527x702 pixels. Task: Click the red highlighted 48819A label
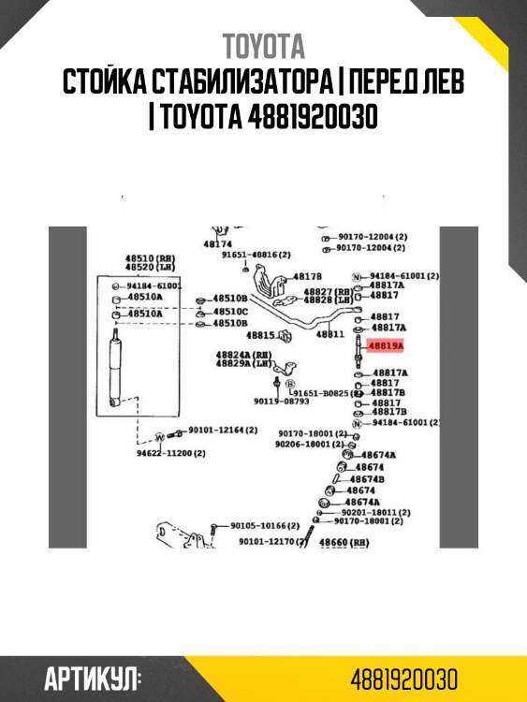[386, 346]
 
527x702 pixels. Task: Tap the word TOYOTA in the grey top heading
[263, 46]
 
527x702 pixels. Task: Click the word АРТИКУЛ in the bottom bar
[93, 679]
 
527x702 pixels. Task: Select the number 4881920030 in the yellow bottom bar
[404, 679]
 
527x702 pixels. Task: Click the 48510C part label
[230, 311]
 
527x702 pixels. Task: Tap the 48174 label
[217, 243]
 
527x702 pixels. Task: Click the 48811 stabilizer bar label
[329, 334]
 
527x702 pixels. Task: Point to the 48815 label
[260, 334]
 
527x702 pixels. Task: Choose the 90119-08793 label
[281, 402]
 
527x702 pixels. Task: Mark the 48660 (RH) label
[344, 542]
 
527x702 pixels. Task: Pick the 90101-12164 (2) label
[222, 430]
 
